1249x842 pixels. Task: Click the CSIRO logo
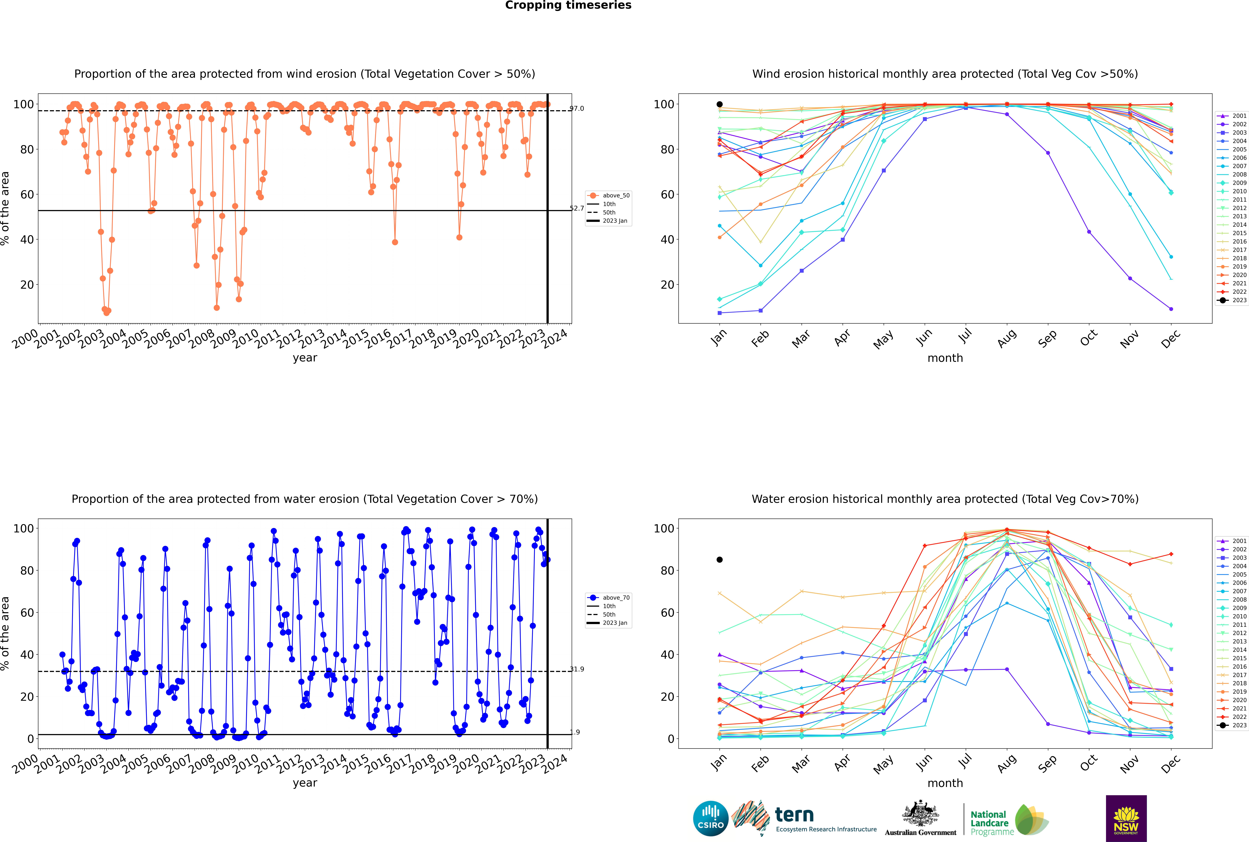[x=710, y=818]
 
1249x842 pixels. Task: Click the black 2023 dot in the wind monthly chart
[x=720, y=104]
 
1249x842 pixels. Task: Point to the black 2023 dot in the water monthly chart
[x=720, y=560]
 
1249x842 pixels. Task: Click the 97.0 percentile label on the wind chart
[x=577, y=108]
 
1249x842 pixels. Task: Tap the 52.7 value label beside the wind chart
[x=577, y=208]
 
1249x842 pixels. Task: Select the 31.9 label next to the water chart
[x=577, y=669]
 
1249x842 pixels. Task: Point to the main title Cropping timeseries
[x=568, y=5]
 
